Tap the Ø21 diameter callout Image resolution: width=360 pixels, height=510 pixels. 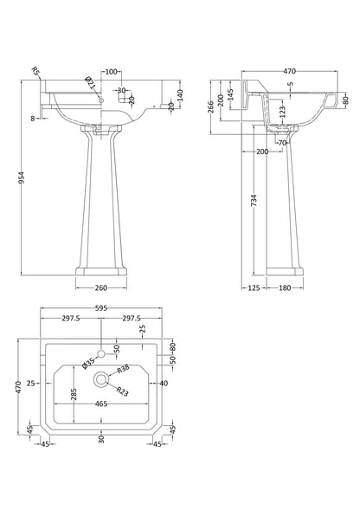[x=89, y=83]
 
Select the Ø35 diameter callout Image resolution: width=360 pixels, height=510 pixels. [x=87, y=364]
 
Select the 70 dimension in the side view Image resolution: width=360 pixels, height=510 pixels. [x=282, y=142]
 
